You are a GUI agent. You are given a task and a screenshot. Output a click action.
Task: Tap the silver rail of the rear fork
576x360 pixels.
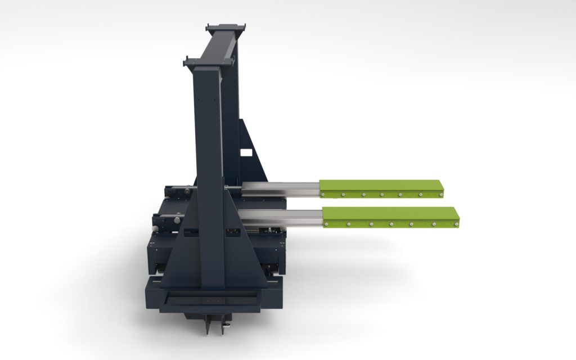click(x=281, y=190)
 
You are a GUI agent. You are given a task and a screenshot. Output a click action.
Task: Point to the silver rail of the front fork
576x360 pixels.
click(x=281, y=217)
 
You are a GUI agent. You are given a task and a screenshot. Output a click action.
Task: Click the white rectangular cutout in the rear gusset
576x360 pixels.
click(x=246, y=152)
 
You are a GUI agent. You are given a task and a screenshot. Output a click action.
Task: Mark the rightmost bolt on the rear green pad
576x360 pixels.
click(x=442, y=195)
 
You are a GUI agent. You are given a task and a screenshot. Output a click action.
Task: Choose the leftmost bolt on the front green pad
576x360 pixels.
click(x=327, y=223)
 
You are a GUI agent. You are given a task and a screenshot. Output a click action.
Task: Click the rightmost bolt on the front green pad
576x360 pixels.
click(x=456, y=224)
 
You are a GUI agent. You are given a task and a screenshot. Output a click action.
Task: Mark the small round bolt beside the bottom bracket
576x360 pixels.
click(x=227, y=324)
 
